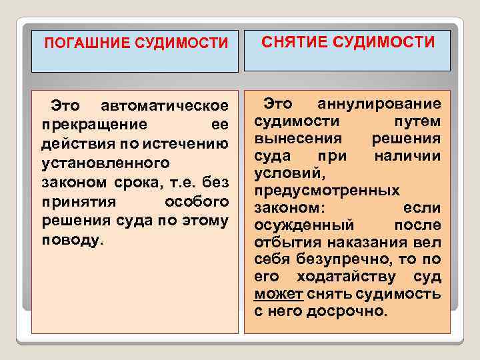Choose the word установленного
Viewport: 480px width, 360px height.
(x=103, y=163)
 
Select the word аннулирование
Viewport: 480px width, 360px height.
(x=379, y=103)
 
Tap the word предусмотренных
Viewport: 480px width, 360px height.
(x=327, y=190)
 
